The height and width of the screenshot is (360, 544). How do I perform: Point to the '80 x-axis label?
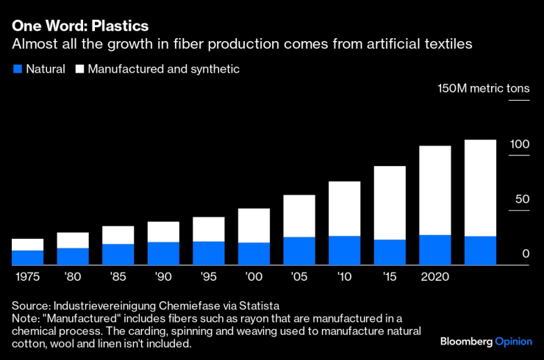coord(73,278)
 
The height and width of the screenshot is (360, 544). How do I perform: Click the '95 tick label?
coord(208,278)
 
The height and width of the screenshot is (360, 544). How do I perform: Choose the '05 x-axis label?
coord(299,278)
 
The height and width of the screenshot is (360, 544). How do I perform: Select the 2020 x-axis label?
coord(434,278)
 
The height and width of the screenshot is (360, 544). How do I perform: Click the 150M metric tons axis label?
coord(483,89)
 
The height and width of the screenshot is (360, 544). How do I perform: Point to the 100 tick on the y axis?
coord(520,145)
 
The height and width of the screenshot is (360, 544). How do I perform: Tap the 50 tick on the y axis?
coord(521,199)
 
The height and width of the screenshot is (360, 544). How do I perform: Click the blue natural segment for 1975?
coord(27,258)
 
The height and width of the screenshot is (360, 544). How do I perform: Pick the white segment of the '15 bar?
coord(390,203)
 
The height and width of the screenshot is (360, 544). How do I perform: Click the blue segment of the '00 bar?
coord(254,253)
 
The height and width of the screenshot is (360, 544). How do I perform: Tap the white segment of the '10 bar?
coord(344,209)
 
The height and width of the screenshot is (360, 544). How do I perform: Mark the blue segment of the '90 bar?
coord(163,253)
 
